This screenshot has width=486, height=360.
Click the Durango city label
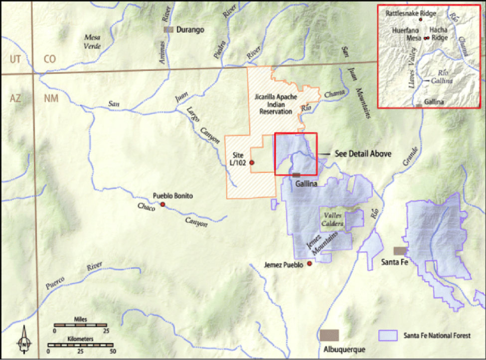point(192,30)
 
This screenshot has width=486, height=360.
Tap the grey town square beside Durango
point(169,29)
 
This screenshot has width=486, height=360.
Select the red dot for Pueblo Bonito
point(162,204)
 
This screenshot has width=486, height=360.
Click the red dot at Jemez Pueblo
point(310,264)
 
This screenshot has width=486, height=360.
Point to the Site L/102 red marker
point(252,163)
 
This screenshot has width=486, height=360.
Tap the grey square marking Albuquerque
point(329,335)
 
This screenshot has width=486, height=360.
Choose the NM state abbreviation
point(51,98)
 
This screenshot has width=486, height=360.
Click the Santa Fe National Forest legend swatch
point(387,336)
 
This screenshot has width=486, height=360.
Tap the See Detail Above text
point(363,154)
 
